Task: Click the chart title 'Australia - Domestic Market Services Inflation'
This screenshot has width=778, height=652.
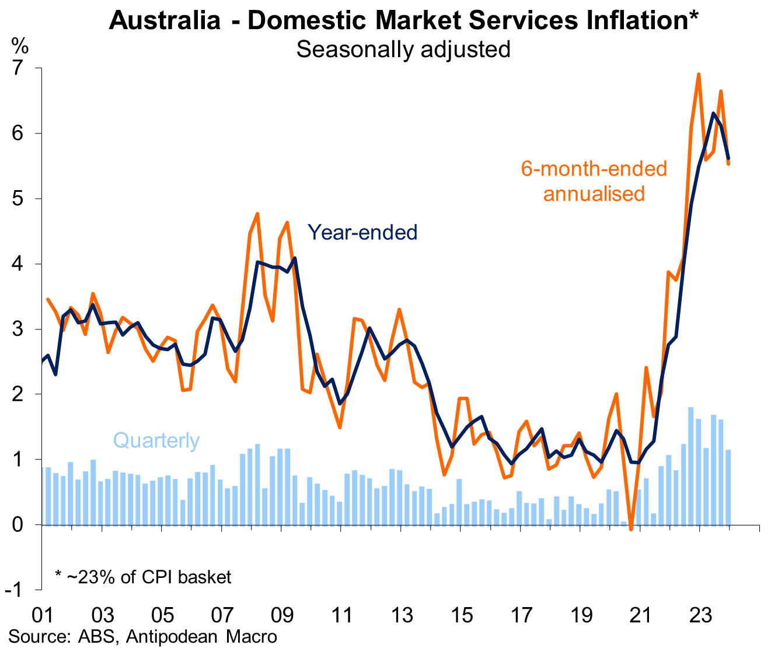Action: click(403, 21)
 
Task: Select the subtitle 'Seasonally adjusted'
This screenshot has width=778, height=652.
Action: click(403, 49)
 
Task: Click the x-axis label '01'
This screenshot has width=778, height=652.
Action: click(43, 615)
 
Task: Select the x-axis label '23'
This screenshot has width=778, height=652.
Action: click(700, 615)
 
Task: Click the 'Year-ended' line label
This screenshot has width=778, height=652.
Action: click(362, 233)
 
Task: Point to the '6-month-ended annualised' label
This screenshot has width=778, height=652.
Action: click(594, 181)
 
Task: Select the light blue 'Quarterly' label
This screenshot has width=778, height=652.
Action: click(156, 440)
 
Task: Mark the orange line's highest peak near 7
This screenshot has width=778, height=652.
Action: click(699, 74)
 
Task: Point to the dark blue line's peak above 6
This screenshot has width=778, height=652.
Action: click(713, 113)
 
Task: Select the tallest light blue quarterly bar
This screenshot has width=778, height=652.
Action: click(691, 466)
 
